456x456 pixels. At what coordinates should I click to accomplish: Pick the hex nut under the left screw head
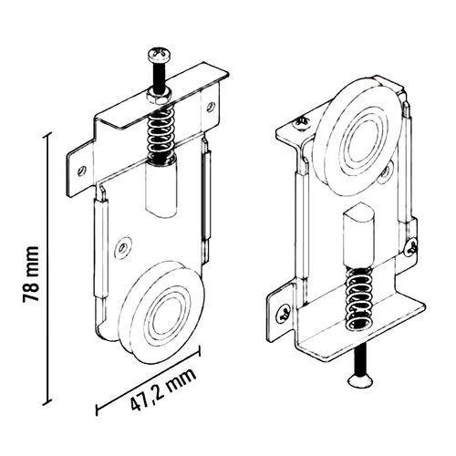point(157,94)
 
